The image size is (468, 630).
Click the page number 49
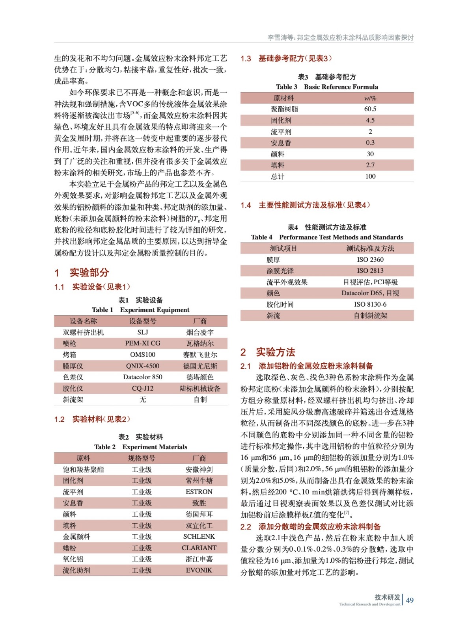(x=410, y=600)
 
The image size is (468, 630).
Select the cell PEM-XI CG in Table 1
(x=143, y=343)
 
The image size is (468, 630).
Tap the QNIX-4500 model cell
(x=143, y=366)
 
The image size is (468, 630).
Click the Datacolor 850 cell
(x=143, y=377)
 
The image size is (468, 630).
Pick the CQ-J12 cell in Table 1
(x=143, y=388)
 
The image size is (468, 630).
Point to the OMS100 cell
(x=143, y=354)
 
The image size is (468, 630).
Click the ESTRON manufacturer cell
(x=199, y=492)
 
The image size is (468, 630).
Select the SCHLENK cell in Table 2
(x=199, y=537)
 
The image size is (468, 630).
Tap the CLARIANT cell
(x=199, y=548)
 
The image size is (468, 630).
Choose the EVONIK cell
(x=199, y=570)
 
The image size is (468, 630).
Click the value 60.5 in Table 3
(x=370, y=109)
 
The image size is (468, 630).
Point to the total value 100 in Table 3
(x=370, y=176)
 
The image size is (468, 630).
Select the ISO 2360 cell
(x=370, y=259)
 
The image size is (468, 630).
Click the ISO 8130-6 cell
(x=370, y=304)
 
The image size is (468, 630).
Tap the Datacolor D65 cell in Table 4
(x=370, y=293)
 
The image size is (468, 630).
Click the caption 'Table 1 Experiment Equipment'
(x=141, y=310)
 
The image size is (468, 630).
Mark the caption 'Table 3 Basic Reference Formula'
(x=327, y=87)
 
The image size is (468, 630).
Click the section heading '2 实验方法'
(x=268, y=352)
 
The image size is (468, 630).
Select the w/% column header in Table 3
(x=370, y=98)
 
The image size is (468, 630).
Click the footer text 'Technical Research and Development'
(x=369, y=604)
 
